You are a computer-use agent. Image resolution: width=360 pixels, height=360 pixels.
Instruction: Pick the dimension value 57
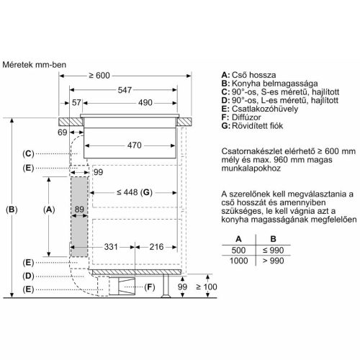(77, 102)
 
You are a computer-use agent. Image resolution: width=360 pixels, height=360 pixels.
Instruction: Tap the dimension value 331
(109, 246)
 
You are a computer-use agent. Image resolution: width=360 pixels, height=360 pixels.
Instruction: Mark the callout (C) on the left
(28, 153)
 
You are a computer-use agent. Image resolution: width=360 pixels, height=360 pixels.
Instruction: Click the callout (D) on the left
(28, 276)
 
